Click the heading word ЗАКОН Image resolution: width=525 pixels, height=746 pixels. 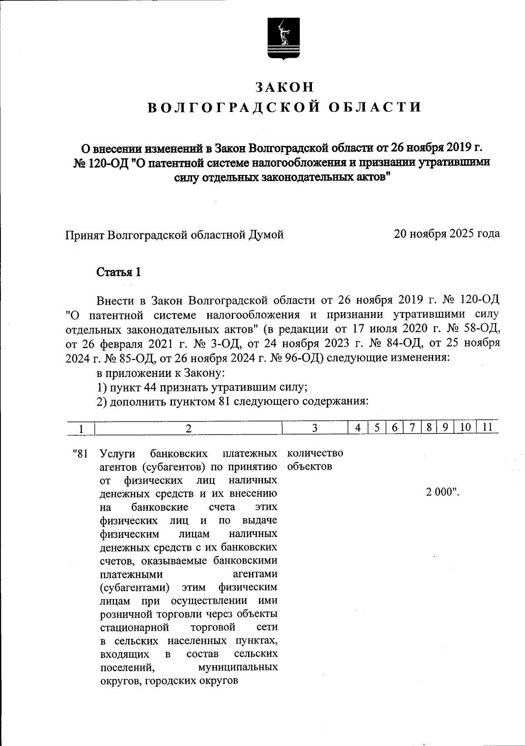tap(285, 87)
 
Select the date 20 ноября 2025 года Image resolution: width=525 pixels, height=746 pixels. tap(447, 234)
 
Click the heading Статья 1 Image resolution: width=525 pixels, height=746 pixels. tap(119, 272)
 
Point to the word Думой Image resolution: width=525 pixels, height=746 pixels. tap(266, 235)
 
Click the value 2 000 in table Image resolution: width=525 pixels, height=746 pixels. tap(442, 492)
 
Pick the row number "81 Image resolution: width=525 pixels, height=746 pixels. tap(81, 453)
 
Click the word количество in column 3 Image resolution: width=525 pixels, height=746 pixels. tap(315, 453)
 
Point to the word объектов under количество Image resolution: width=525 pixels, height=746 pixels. tap(310, 466)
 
